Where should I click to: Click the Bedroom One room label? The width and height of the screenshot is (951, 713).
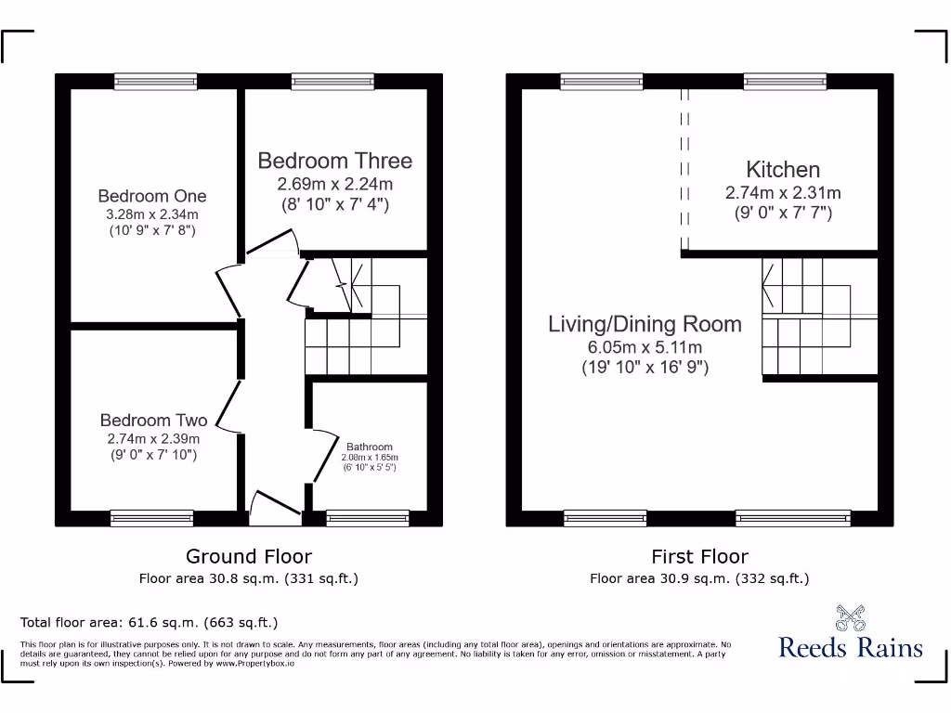[x=152, y=196]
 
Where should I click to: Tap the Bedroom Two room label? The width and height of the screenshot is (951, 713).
[x=153, y=421]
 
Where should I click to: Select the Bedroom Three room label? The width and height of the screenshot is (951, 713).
[x=334, y=161]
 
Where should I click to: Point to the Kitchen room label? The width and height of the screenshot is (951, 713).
[x=783, y=170]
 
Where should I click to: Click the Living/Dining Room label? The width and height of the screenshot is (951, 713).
[x=645, y=324]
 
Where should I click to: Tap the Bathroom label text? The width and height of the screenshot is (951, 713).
[x=370, y=447]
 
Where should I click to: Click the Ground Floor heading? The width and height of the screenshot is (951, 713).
[x=249, y=556]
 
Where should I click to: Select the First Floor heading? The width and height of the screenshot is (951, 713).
[x=699, y=556]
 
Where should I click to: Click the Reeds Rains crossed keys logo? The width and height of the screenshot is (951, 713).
[x=850, y=616]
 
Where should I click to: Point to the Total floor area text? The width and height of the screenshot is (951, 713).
[x=149, y=622]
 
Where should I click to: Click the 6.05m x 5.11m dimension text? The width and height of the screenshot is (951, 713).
[x=645, y=347]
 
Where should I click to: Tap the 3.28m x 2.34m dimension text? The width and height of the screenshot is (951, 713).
[x=152, y=214]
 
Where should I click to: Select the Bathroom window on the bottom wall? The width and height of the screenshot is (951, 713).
[x=368, y=518]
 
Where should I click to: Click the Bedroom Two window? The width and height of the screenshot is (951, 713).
[x=152, y=518]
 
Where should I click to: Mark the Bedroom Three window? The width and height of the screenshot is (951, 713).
[x=332, y=82]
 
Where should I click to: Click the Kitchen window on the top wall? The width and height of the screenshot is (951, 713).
[x=785, y=82]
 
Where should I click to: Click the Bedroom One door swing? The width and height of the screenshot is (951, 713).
[x=228, y=291]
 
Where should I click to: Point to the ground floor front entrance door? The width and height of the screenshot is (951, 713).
[x=276, y=504]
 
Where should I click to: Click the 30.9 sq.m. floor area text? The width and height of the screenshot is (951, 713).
[x=699, y=578]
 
